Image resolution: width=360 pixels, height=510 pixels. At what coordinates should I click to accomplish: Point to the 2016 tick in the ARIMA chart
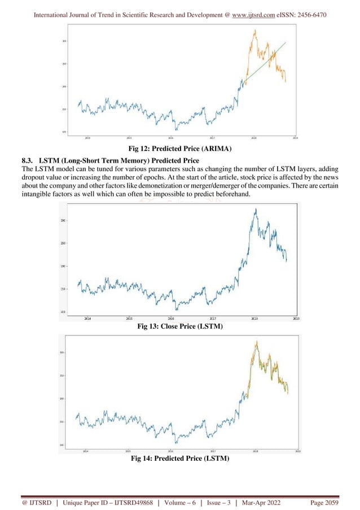click(x=171, y=137)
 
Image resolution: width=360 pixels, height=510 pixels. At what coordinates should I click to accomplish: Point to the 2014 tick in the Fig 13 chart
click(x=87, y=318)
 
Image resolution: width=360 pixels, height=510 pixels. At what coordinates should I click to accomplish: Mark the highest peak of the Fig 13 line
click(x=256, y=210)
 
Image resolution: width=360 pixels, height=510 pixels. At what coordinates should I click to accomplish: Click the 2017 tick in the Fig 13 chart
click(x=213, y=318)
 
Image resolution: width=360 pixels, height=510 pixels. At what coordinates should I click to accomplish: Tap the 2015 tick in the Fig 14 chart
click(x=128, y=451)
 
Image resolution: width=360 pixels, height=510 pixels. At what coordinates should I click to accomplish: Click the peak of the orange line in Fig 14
click(x=257, y=341)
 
